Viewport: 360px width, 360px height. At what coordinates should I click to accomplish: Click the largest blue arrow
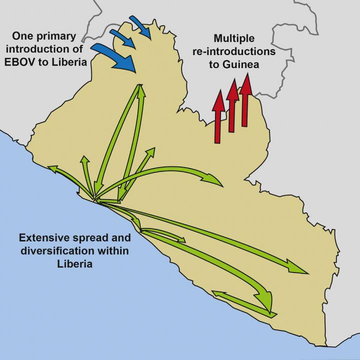tap(115, 56)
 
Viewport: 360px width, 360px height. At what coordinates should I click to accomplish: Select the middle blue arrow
tap(122, 39)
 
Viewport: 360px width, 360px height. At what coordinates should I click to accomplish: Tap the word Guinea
tap(246, 64)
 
